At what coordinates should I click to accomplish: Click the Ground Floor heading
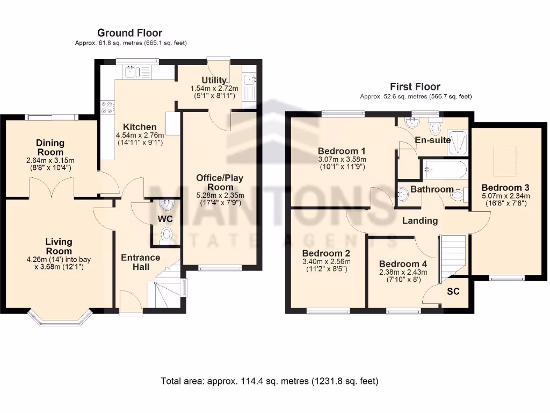click(x=130, y=33)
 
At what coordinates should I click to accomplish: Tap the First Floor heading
click(x=415, y=87)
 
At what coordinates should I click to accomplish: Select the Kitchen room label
click(x=139, y=127)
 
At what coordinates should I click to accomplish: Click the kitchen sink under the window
click(x=132, y=72)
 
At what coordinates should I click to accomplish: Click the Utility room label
click(x=214, y=81)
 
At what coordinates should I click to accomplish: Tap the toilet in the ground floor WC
click(x=167, y=234)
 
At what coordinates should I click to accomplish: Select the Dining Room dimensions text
click(x=50, y=164)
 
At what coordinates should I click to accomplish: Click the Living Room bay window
click(x=60, y=319)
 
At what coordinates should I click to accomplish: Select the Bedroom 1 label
click(x=342, y=151)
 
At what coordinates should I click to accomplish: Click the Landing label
click(x=420, y=220)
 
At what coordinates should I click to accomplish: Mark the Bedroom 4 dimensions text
click(x=403, y=276)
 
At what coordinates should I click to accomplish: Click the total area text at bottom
click(x=270, y=381)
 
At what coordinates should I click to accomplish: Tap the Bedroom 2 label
click(x=326, y=253)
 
